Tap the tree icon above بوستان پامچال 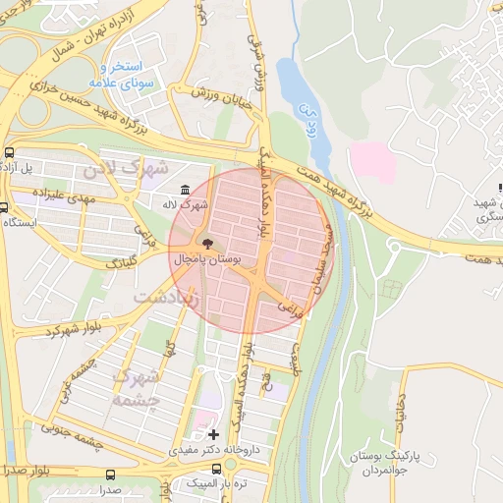[x=207, y=243]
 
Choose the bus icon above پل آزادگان [x=10, y=152]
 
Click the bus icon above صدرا [x=109, y=474]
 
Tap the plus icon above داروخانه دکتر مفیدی [x=214, y=433]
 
